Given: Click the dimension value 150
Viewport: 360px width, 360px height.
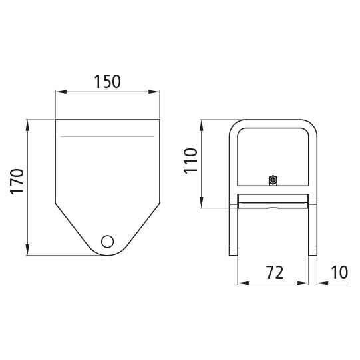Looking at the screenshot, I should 107,82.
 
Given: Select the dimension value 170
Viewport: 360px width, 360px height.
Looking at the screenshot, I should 18,181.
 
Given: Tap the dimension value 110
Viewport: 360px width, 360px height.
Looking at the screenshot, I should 191,161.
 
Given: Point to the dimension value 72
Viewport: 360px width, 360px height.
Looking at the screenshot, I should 274,271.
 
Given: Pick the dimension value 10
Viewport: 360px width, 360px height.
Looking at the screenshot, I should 339,271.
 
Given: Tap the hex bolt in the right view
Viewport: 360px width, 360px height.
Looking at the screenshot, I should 273,180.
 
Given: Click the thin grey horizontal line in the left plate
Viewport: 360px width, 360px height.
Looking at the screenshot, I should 107,136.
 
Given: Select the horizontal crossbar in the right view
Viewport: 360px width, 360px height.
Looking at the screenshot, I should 273,200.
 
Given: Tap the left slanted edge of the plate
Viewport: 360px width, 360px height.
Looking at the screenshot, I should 73,226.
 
